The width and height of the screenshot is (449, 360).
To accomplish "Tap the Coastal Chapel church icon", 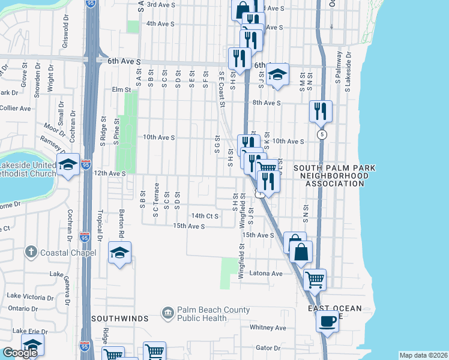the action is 32,253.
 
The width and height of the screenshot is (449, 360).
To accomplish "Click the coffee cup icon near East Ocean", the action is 327,320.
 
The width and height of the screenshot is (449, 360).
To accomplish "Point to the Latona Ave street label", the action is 268,274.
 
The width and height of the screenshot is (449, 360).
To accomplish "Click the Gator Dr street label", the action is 268,347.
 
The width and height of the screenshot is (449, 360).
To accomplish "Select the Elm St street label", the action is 121,89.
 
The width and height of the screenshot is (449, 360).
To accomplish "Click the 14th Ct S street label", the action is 204,215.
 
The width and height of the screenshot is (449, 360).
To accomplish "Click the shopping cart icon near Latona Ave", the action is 315,278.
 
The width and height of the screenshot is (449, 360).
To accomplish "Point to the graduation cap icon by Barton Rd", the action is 119,253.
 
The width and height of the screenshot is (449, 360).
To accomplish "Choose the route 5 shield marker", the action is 323,133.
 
